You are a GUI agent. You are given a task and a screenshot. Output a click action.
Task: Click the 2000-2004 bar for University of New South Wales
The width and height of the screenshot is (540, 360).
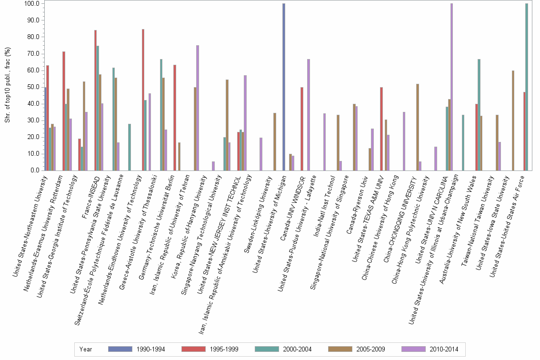click(x=479, y=115)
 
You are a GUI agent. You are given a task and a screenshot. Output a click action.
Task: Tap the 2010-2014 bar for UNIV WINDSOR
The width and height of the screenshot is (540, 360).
click(x=309, y=115)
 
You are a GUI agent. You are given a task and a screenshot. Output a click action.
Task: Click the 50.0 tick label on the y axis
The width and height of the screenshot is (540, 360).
click(x=32, y=87)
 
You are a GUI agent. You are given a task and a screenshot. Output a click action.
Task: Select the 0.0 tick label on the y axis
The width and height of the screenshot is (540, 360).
click(x=34, y=170)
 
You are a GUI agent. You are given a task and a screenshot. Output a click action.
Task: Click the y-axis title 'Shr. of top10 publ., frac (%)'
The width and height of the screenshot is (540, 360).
click(x=7, y=86)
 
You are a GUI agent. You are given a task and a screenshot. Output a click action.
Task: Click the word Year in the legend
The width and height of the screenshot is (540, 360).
click(x=86, y=349)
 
